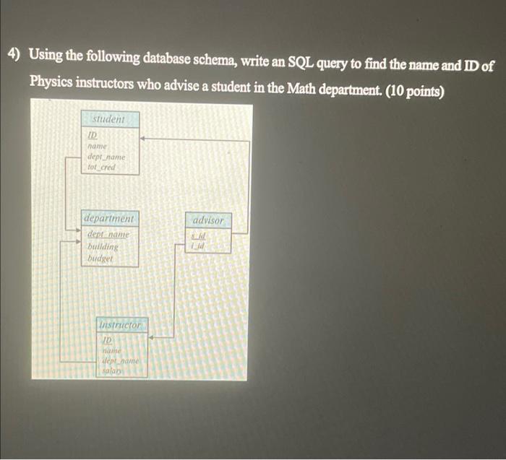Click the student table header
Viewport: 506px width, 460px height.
click(108, 118)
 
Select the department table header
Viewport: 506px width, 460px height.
click(108, 218)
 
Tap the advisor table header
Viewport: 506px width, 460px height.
click(209, 220)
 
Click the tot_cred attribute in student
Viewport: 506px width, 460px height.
click(101, 168)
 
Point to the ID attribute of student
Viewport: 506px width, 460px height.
click(93, 134)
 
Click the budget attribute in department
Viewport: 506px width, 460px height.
click(100, 258)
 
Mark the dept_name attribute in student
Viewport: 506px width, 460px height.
click(106, 157)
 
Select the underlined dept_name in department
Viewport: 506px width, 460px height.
click(108, 235)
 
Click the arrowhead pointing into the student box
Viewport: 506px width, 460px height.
click(143, 136)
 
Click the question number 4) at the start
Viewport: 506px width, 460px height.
click(14, 56)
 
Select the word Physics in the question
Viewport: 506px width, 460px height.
click(51, 82)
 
